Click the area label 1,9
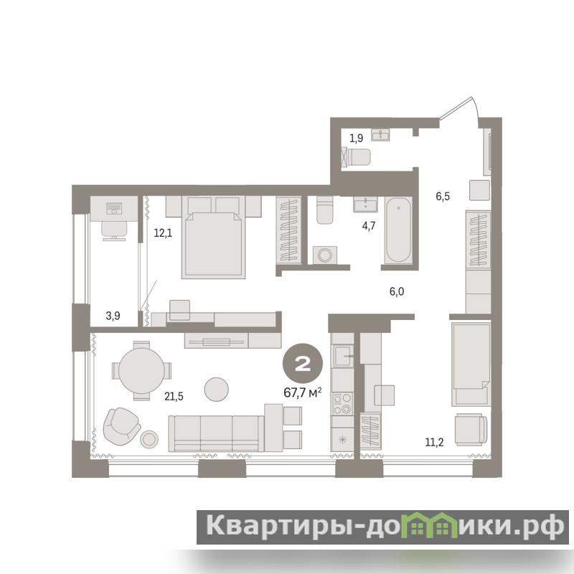click(x=356, y=138)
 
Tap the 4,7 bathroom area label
click(x=369, y=226)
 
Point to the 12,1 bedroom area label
click(x=163, y=232)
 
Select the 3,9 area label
click(x=113, y=316)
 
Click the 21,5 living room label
click(x=174, y=396)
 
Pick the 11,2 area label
click(x=434, y=442)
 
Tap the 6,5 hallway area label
click(x=443, y=197)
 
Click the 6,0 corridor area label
click(x=397, y=291)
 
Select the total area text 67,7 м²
click(x=303, y=392)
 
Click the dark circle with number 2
click(x=303, y=364)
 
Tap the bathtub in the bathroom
click(x=398, y=230)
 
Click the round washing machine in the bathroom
click(x=325, y=255)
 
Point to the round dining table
click(x=141, y=370)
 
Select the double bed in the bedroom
click(x=213, y=237)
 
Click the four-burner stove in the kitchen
click(x=342, y=403)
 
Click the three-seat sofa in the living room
click(x=217, y=433)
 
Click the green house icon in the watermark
click(x=434, y=526)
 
